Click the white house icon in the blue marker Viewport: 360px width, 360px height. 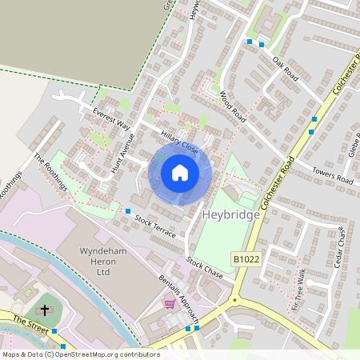pos(180,173)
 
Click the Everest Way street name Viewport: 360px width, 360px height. pos(110,118)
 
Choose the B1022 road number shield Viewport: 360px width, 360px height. pos(247,258)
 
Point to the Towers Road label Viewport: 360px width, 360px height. pos(333,176)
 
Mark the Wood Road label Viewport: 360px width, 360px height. pos(233,106)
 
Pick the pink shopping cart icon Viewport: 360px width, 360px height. pos(169,303)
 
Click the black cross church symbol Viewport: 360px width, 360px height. pos(45,309)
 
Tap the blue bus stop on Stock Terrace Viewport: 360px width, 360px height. pos(128,211)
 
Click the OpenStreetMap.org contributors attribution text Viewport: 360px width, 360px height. pos(104,354)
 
